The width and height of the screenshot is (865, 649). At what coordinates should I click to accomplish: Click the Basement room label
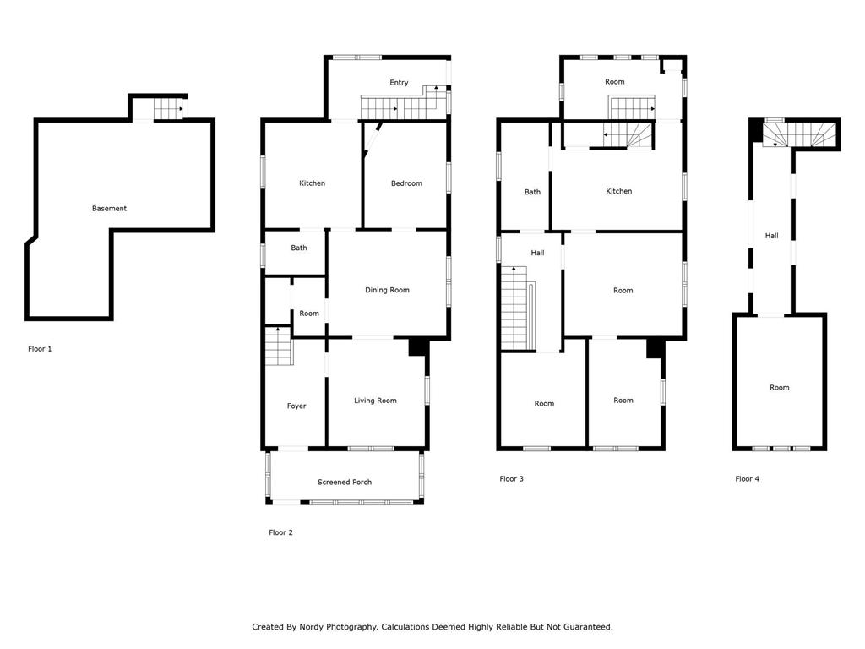click(x=109, y=209)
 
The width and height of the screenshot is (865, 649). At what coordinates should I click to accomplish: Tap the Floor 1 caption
click(x=40, y=348)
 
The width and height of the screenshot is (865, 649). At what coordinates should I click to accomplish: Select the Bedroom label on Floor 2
click(x=406, y=183)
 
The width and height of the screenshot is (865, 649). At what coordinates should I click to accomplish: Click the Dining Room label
click(x=387, y=290)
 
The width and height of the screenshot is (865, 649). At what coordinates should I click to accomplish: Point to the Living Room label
click(x=375, y=401)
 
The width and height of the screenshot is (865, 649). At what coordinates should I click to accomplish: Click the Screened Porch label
click(x=345, y=482)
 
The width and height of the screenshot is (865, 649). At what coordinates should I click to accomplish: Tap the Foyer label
click(x=296, y=406)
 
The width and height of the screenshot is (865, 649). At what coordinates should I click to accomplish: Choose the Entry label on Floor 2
click(x=399, y=83)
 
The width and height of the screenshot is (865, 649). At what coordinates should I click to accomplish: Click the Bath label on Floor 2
click(x=299, y=248)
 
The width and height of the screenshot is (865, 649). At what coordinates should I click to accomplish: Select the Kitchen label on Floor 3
click(x=619, y=191)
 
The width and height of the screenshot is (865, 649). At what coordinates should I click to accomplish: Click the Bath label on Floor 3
click(x=532, y=192)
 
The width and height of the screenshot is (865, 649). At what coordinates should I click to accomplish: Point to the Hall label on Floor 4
click(x=771, y=236)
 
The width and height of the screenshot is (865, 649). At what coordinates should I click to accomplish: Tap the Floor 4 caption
click(x=747, y=479)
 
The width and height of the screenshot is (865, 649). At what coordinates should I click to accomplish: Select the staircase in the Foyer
click(x=278, y=346)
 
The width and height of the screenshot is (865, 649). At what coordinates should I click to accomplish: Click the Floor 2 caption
click(x=280, y=532)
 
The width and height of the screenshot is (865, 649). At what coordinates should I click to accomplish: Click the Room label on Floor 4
click(x=779, y=388)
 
